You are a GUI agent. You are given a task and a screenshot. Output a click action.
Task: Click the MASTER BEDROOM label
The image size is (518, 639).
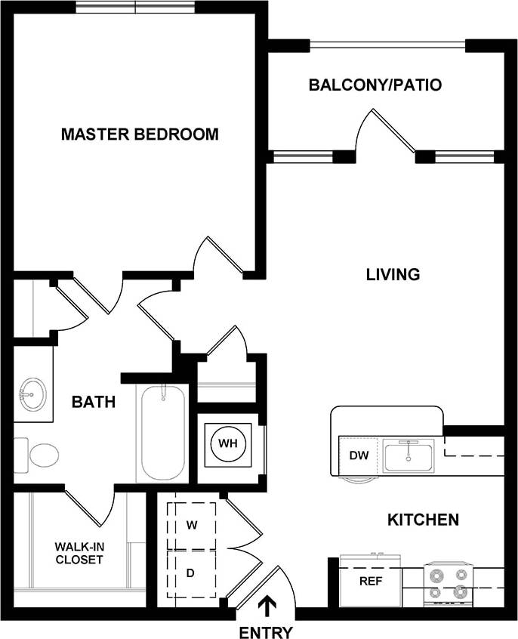tap(140, 134)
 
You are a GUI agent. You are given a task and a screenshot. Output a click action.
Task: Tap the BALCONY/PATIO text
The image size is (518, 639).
tap(375, 85)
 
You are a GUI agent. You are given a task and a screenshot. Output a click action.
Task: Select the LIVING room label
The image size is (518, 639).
tap(393, 274)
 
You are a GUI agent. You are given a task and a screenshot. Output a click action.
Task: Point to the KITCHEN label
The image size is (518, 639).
tap(423, 520)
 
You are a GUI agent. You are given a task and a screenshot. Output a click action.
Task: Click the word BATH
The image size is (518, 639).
tap(94, 402)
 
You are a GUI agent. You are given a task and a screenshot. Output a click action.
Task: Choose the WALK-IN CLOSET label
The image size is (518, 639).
tap(79, 553)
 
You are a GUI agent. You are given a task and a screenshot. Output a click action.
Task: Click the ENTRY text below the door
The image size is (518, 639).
tap(265, 631)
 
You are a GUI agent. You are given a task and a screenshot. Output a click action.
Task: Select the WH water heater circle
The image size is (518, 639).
tap(228, 443)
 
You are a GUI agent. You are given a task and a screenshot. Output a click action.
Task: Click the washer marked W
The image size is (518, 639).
tap(191, 523)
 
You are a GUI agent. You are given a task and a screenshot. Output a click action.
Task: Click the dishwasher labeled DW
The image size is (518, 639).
tap(358, 455)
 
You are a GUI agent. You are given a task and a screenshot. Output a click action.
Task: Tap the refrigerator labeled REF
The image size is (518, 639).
tap(369, 582)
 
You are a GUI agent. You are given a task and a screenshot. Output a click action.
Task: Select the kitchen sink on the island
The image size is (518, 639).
tap(407, 457)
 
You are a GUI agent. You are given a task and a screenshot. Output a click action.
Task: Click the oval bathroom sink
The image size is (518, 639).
tap(32, 394)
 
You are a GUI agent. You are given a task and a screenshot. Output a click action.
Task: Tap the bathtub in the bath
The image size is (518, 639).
tap(162, 433)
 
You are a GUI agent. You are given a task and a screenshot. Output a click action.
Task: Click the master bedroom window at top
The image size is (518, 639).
tap(135, 7)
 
